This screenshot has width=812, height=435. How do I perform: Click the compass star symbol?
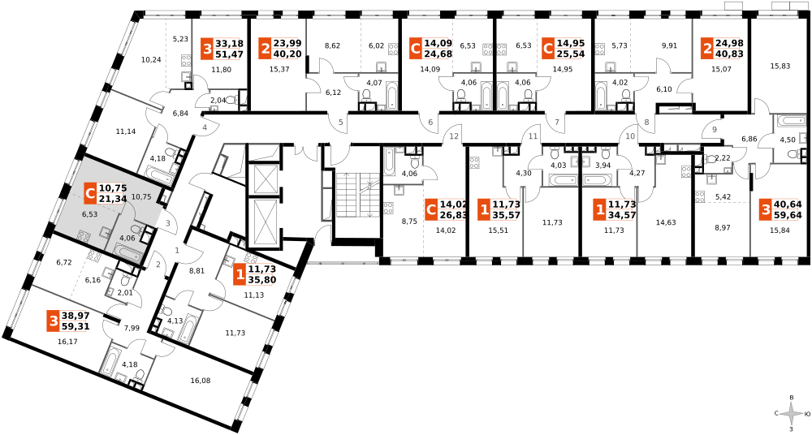click(x=791, y=414)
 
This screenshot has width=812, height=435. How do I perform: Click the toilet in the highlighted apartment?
click(x=136, y=230)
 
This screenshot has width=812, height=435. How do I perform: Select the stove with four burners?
click(x=84, y=236)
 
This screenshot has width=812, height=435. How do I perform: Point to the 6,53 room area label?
click(x=89, y=214)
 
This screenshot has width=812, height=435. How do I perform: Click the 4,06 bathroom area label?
click(x=127, y=238)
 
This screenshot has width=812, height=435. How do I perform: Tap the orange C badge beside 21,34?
click(x=90, y=193)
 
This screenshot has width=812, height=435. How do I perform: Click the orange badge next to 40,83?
click(x=706, y=49)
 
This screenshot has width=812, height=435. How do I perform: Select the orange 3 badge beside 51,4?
click(x=207, y=49)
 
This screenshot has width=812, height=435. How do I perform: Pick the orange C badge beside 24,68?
click(x=416, y=49)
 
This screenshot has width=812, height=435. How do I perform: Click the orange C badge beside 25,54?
click(x=548, y=49)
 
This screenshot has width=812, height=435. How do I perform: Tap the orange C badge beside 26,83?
click(x=431, y=209)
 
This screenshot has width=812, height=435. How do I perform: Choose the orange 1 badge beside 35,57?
click(x=484, y=209)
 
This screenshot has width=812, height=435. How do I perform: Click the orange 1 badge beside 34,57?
click(x=600, y=209)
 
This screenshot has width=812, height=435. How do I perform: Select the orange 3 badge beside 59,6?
click(x=765, y=209)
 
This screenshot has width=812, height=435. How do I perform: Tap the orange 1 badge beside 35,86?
click(x=240, y=274)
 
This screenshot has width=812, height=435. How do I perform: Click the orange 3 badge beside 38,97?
click(x=53, y=321)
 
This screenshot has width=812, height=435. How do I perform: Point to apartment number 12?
click(x=454, y=136)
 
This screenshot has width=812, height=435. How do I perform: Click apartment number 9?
click(x=715, y=130)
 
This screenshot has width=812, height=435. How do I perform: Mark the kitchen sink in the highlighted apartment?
click(x=106, y=233)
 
